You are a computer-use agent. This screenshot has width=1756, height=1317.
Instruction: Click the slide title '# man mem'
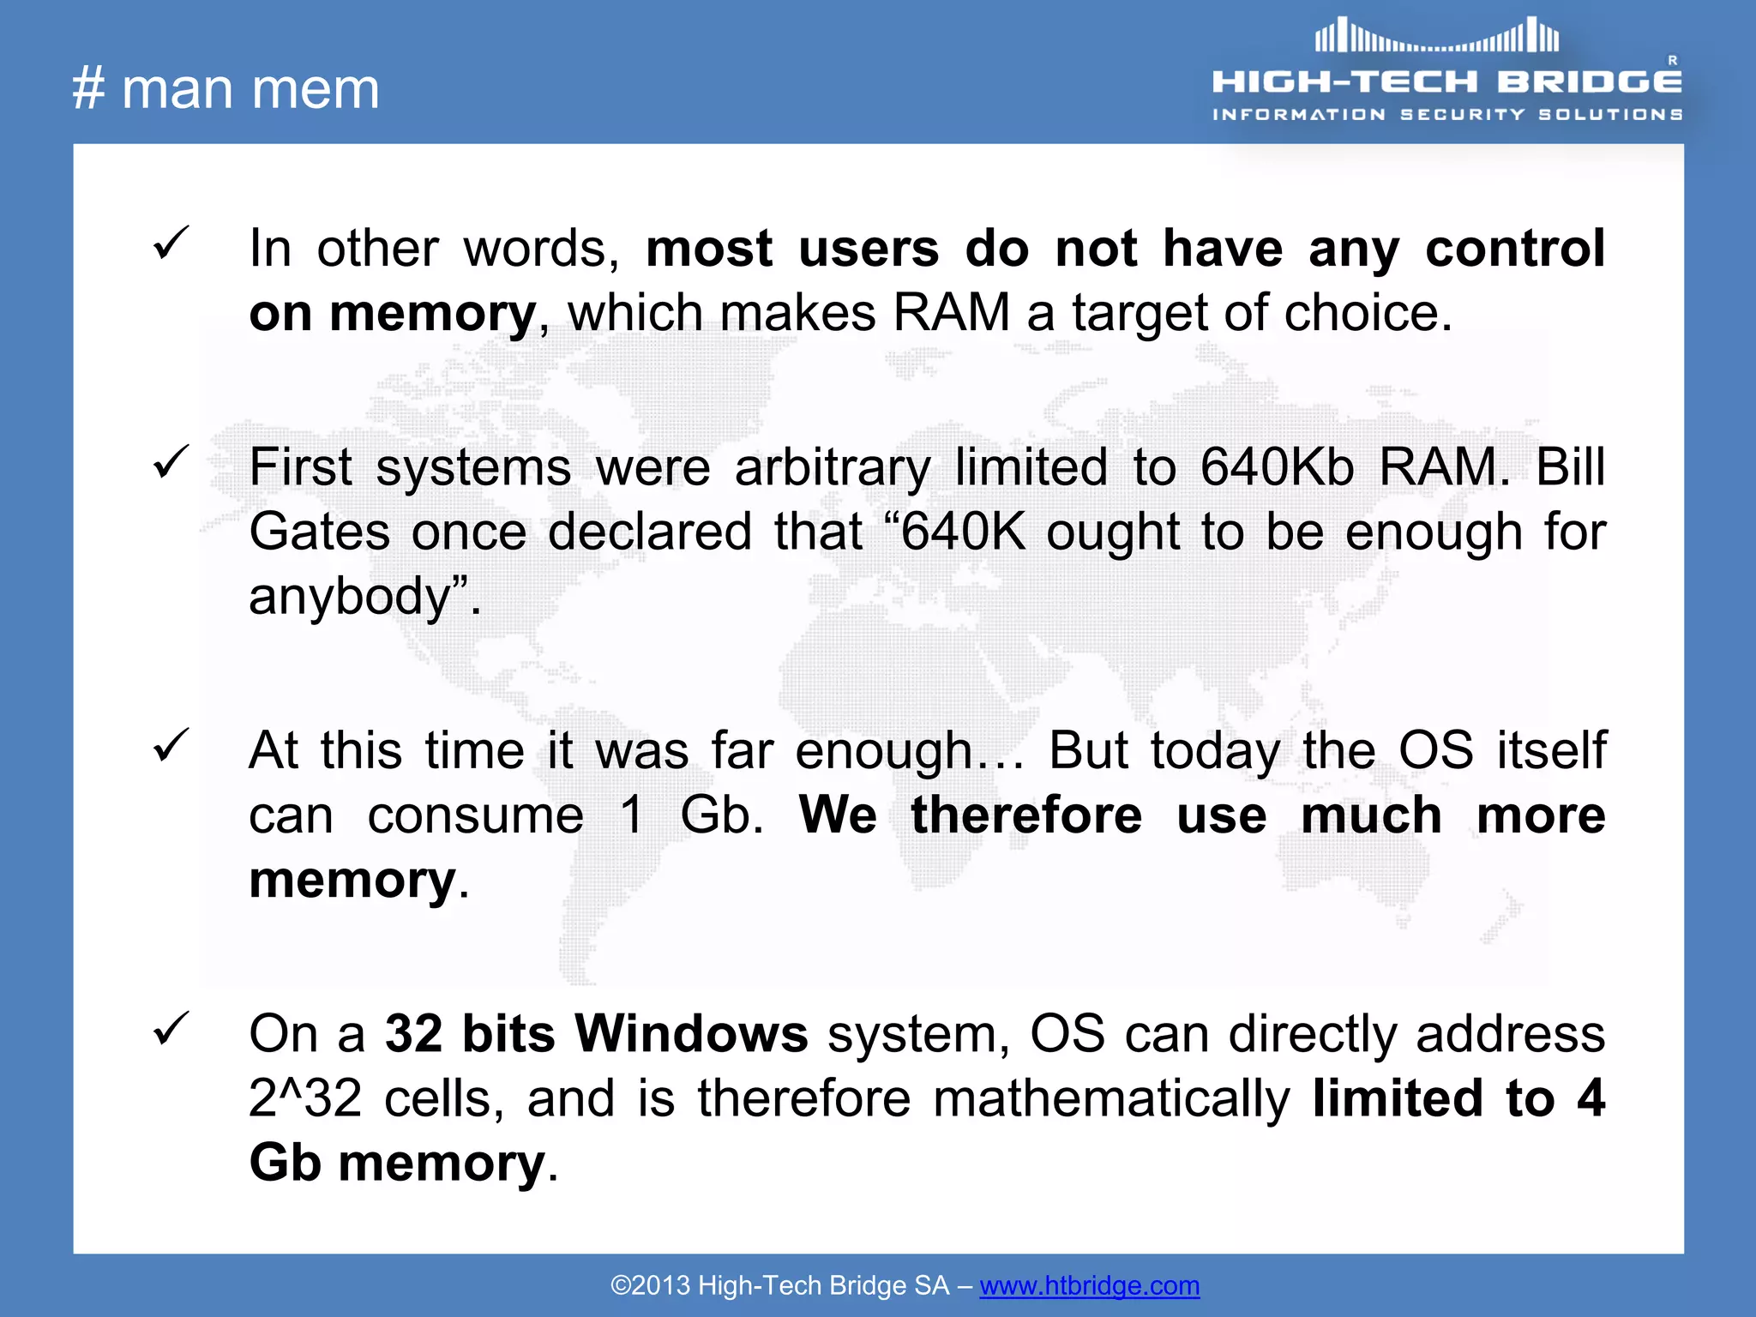(x=226, y=88)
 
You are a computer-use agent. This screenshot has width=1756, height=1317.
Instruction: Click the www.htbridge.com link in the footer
(x=1089, y=1285)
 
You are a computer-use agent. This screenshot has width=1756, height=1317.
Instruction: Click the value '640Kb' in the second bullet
(x=1277, y=467)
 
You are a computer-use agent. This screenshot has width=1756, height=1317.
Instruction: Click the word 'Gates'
(x=320, y=532)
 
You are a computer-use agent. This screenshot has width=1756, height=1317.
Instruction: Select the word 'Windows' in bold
(x=691, y=1033)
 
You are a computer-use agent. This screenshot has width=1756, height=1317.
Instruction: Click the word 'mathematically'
(x=1111, y=1098)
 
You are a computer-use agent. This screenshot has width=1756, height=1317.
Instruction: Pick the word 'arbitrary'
(x=832, y=467)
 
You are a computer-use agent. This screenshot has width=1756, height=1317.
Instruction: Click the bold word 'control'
(x=1515, y=249)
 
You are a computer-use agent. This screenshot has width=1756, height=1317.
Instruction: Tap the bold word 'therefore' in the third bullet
(x=1026, y=815)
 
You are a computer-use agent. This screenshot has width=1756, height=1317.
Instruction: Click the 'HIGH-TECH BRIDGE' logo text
(x=1446, y=82)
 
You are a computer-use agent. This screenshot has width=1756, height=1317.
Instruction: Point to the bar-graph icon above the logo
(x=1437, y=36)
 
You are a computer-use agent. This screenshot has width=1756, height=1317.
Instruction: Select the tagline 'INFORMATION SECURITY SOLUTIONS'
(x=1446, y=114)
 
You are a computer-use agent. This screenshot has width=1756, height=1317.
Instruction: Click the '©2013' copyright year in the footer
(x=650, y=1285)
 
